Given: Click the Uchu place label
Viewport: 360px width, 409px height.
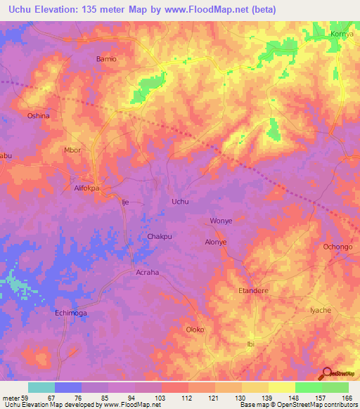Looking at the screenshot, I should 181,202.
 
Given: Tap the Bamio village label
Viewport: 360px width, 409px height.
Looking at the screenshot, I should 105,59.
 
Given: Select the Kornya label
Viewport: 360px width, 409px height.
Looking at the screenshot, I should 342,33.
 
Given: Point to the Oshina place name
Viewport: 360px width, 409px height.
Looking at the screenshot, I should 38,115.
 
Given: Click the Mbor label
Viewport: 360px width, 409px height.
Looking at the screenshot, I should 73,150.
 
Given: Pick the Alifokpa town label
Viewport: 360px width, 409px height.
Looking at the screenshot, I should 88,188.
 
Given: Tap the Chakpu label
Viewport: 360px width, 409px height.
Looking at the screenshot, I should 160,237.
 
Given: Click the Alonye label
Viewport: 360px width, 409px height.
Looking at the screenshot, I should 216,242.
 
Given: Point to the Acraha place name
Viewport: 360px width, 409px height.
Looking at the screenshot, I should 147,272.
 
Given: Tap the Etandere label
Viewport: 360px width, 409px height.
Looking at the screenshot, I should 254,290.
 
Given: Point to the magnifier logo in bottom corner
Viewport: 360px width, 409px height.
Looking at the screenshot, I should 326,372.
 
